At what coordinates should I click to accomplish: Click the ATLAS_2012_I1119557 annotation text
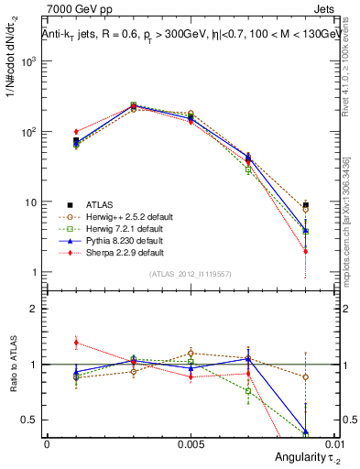(190, 274)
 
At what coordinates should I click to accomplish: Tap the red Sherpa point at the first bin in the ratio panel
(76, 343)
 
